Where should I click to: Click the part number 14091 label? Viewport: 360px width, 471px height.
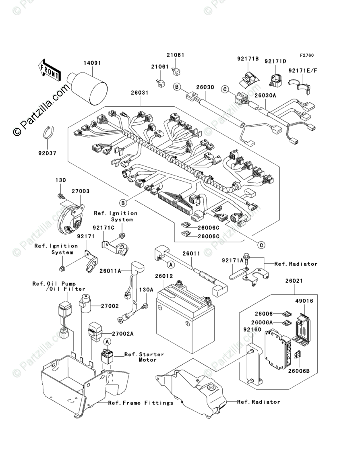click(x=92, y=63)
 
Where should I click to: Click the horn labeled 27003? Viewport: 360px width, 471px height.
click(x=71, y=219)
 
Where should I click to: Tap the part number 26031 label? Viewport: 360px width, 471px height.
click(x=140, y=93)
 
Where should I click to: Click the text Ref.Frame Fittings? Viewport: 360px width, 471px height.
click(x=141, y=403)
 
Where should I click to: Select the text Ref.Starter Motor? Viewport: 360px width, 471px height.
click(x=144, y=357)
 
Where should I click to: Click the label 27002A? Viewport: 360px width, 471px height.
click(x=123, y=334)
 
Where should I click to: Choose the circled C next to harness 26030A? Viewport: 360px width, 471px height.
click(x=225, y=89)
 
